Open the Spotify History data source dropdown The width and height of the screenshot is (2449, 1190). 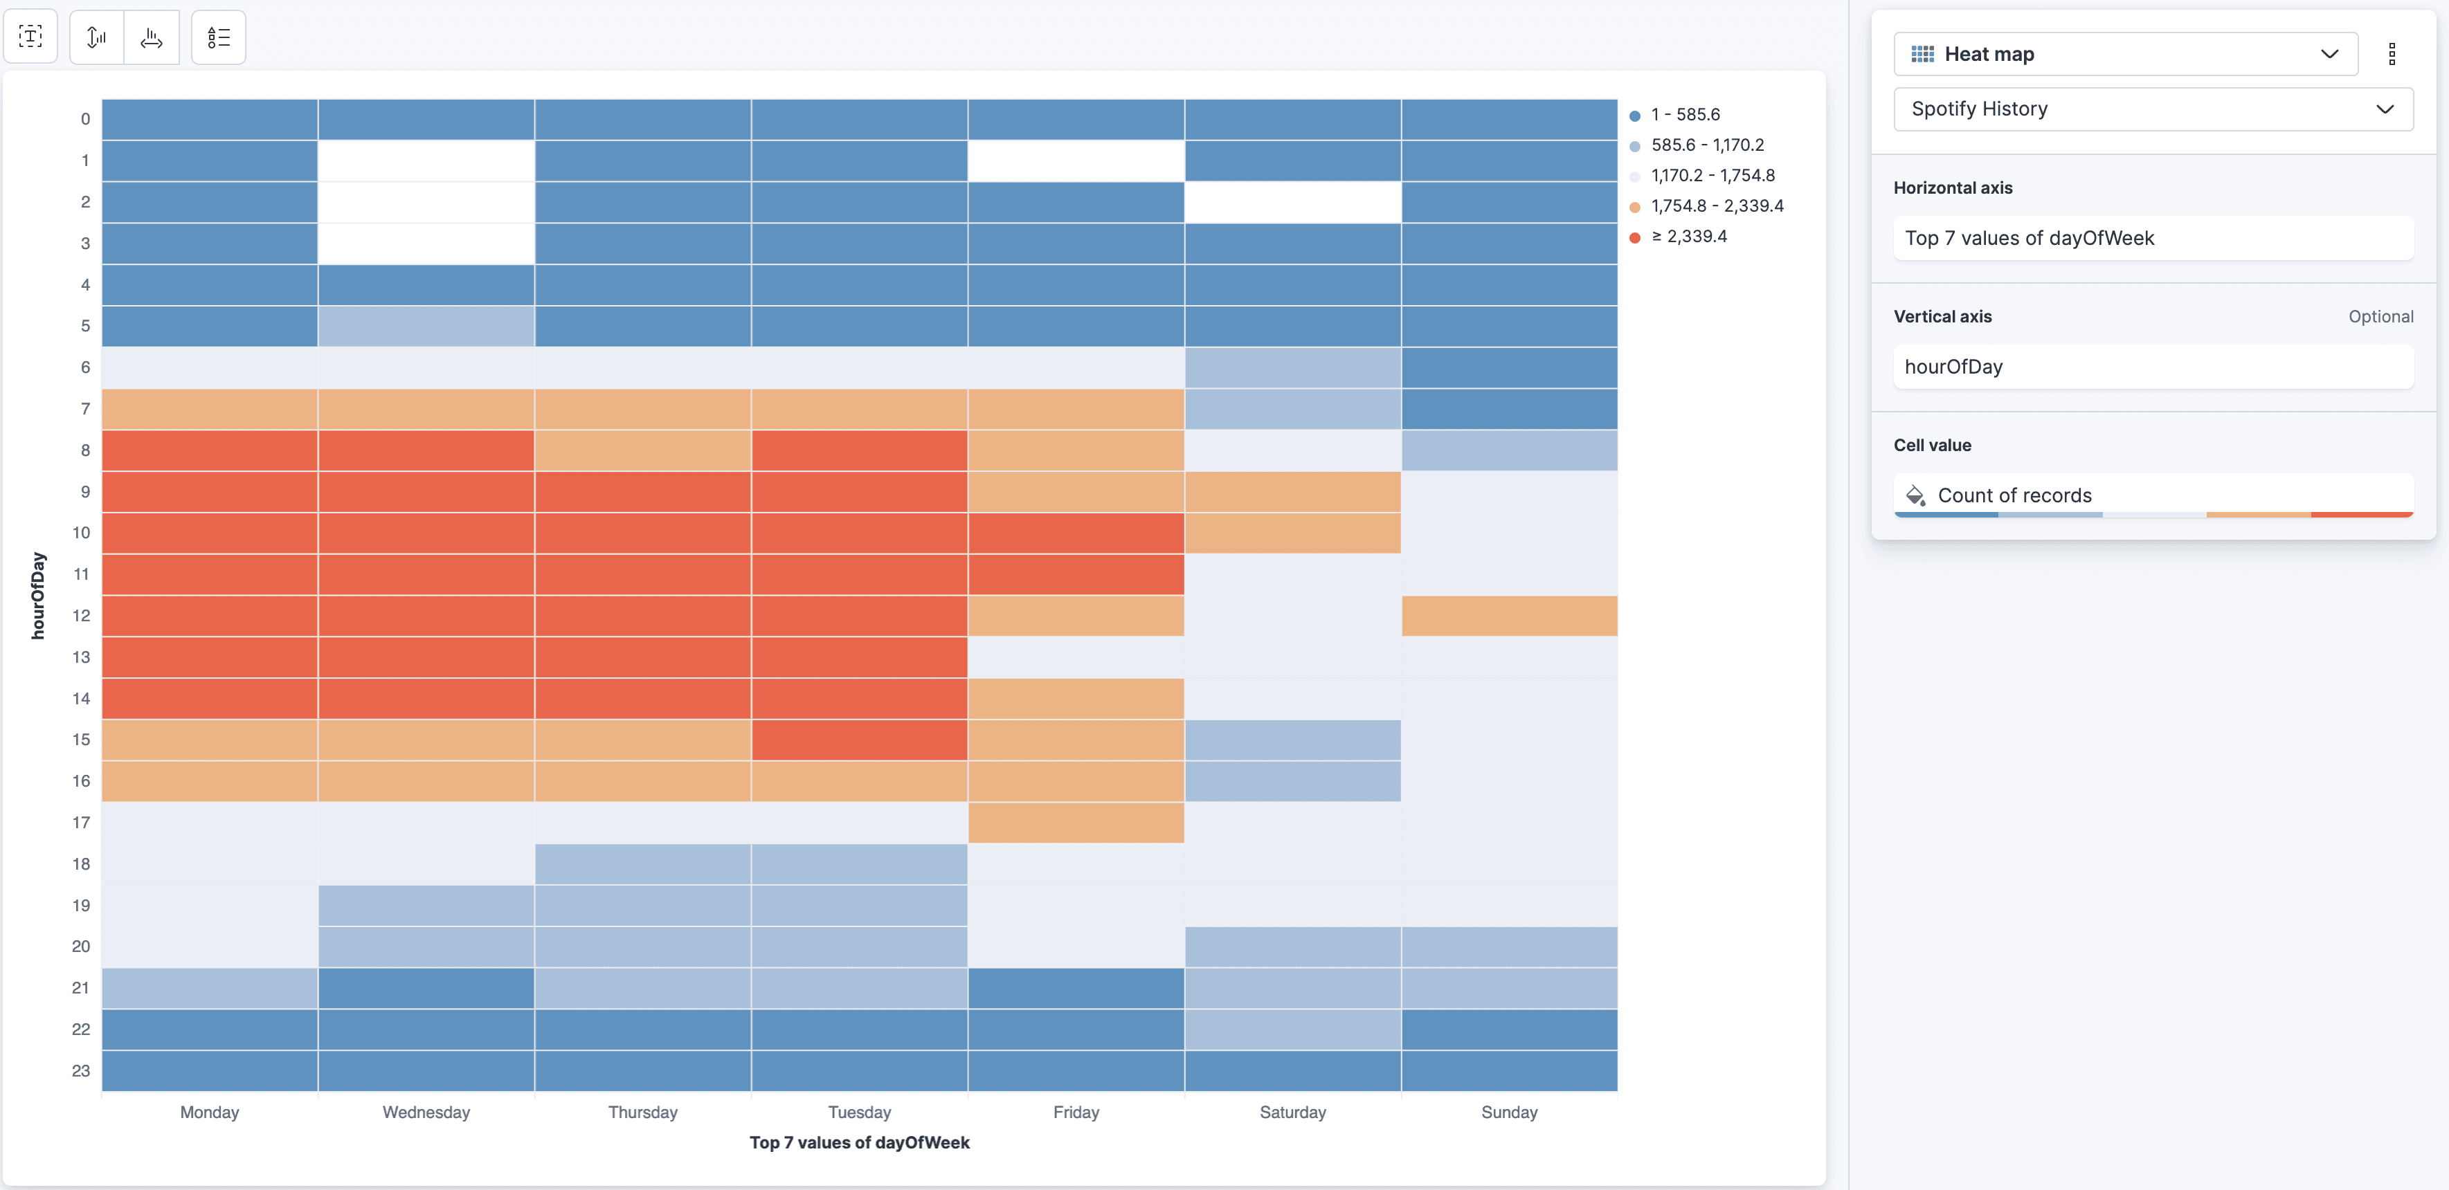pos(2151,109)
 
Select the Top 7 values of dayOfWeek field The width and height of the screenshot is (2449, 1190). pos(2151,239)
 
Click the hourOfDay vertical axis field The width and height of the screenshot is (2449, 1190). pos(2151,367)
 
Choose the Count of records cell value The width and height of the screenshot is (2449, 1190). pos(2151,495)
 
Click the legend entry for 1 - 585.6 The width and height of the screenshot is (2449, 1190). pos(1685,115)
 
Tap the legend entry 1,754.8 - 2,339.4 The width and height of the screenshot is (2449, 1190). pos(1716,206)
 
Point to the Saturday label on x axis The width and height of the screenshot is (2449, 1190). pos(1292,1112)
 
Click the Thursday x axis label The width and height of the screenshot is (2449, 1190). pos(642,1112)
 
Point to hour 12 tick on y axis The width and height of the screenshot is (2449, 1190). pos(82,616)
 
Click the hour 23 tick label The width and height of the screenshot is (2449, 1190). pos(82,1071)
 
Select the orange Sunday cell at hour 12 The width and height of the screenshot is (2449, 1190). pos(1509,616)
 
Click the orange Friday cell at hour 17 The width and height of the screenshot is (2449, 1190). pos(1075,822)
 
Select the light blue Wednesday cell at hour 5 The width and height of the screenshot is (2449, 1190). pos(426,326)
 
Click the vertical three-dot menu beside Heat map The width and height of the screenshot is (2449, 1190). pos(2392,54)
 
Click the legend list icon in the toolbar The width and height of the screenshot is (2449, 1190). pos(219,38)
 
